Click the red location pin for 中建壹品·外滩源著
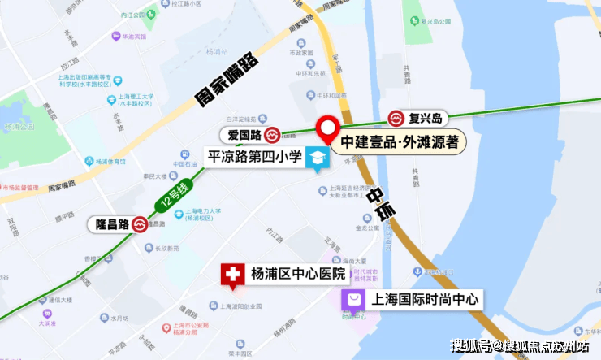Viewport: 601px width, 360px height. coord(328,128)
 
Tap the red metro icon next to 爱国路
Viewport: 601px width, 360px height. coord(274,134)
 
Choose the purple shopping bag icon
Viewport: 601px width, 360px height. coord(354,301)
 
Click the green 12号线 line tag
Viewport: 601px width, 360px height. coord(172,199)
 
